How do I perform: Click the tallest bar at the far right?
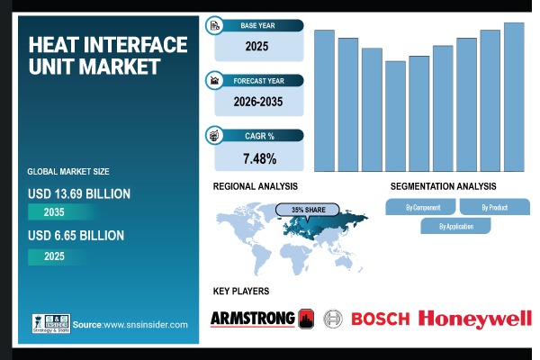(x=514, y=96)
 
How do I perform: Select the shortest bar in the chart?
(x=395, y=116)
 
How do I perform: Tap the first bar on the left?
(x=324, y=100)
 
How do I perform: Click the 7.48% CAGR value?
(x=259, y=159)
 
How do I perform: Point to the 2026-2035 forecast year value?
(x=257, y=102)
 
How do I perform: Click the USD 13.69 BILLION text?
(x=79, y=193)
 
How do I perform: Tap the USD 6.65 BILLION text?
(x=76, y=236)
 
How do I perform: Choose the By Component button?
(x=422, y=207)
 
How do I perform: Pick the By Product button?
(x=494, y=207)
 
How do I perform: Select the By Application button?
(x=456, y=226)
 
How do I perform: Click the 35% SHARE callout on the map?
(x=308, y=209)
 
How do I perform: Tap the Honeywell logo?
(x=475, y=318)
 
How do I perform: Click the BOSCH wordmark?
(x=380, y=318)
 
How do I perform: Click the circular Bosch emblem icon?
(x=333, y=318)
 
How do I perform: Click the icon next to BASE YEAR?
(x=215, y=25)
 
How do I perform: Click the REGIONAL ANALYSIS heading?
(x=255, y=186)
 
